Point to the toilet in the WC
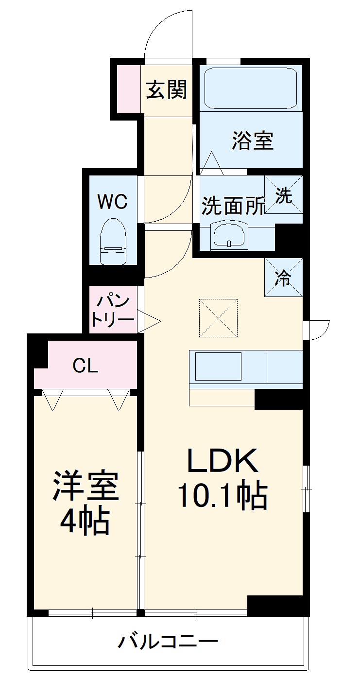click(113, 241)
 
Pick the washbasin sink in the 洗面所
click(229, 235)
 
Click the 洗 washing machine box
click(284, 194)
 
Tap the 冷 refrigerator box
click(284, 278)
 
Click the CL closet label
click(86, 366)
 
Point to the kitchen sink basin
click(218, 366)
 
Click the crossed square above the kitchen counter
click(219, 318)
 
